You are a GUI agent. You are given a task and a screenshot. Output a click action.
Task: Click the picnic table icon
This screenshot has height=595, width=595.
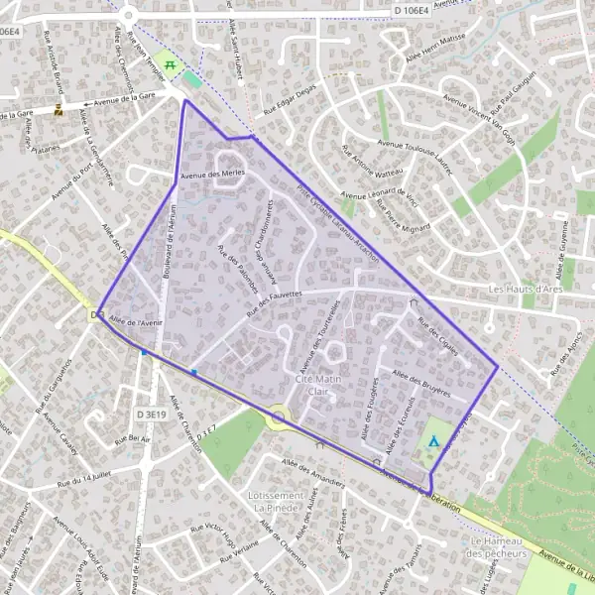pyautogui.click(x=171, y=66)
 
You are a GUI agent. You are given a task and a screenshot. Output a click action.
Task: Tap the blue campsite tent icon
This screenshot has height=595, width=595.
pyautogui.click(x=433, y=441)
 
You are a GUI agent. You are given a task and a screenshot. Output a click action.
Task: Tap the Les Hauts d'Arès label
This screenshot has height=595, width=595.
pyautogui.click(x=527, y=290)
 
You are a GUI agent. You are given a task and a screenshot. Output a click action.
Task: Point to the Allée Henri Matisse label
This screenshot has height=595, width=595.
pyautogui.click(x=438, y=64)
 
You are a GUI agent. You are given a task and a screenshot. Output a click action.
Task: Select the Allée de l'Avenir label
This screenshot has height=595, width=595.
pyautogui.click(x=135, y=321)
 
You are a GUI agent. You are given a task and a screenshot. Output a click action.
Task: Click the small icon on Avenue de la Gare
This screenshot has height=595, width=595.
pyautogui.click(x=59, y=110)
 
